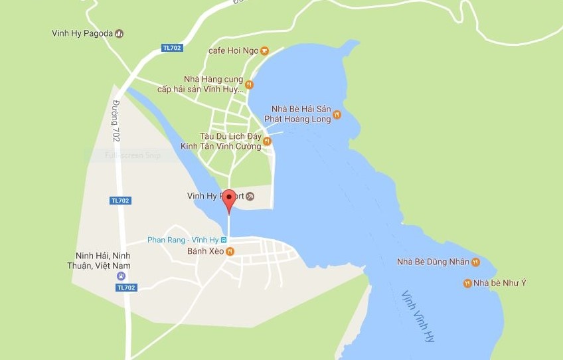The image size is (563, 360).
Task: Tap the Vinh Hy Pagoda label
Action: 82,33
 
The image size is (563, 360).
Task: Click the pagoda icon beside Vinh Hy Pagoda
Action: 120,33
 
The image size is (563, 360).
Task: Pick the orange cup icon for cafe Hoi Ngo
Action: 264,50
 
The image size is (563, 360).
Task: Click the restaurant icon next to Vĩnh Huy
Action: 249,84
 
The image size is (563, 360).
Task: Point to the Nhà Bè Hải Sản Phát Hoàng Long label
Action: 301,114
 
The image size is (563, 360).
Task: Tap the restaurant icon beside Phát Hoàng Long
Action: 337,114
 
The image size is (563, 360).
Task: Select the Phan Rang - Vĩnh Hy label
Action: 182,240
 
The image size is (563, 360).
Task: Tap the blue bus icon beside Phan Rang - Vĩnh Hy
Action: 224,240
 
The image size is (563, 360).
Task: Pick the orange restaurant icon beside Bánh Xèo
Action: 230,251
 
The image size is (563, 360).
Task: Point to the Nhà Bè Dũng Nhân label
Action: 432,262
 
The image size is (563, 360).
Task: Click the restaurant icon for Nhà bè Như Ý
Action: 467,284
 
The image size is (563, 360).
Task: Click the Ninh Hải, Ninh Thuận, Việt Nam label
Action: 103,260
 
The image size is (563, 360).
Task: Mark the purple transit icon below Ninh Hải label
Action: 121,276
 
